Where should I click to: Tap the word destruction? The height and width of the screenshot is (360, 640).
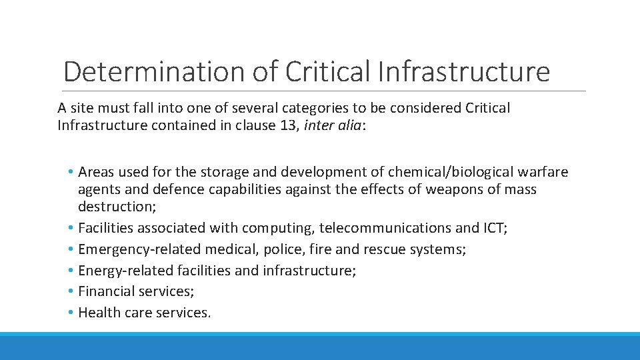coord(117,206)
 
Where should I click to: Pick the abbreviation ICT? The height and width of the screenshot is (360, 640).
coord(493,228)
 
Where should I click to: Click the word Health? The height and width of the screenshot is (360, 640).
coord(97,313)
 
